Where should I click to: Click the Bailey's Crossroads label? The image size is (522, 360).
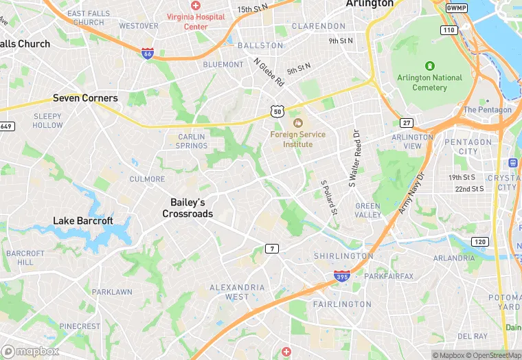[188, 207]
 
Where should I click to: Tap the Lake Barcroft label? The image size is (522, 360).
[83, 221]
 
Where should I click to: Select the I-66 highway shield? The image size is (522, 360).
[148, 53]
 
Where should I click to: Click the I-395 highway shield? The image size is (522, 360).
[342, 275]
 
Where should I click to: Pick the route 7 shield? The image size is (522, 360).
[273, 248]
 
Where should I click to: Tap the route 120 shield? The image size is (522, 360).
[479, 242]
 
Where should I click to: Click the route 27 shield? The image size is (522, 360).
[407, 123]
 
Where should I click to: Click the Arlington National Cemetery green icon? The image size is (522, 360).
[429, 66]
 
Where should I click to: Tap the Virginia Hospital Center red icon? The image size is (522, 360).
[196, 5]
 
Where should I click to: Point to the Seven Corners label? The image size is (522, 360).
[85, 98]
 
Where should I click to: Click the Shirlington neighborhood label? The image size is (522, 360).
[343, 256]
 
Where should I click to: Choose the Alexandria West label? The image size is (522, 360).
[238, 292]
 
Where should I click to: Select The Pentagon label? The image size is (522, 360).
[487, 110]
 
